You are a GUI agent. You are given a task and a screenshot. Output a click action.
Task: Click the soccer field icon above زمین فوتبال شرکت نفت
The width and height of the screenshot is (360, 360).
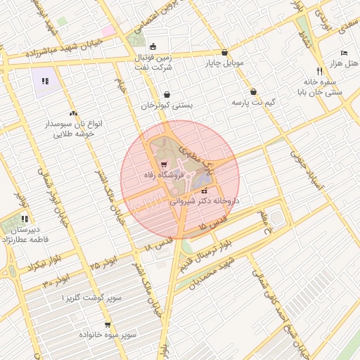[154, 46]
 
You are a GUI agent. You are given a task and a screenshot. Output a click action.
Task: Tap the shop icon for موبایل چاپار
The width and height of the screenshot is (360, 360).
[224, 53]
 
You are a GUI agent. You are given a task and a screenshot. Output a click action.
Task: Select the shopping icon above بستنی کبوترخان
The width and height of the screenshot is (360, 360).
[167, 94]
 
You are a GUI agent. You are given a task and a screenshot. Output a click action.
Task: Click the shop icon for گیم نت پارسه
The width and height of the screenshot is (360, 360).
[253, 92]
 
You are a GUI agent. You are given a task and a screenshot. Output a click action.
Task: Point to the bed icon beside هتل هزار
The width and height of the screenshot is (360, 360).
[344, 53]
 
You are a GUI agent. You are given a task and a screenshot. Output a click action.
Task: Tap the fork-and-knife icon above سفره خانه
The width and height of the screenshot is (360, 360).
[319, 71]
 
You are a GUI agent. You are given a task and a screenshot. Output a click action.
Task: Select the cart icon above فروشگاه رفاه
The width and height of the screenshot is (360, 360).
[164, 166]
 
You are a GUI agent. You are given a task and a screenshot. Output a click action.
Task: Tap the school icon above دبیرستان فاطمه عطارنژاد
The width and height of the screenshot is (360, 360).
[25, 219]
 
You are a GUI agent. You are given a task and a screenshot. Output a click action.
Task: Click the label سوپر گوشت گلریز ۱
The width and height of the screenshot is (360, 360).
[91, 298]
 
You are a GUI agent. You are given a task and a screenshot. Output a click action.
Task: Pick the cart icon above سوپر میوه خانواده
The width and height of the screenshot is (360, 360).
[107, 325]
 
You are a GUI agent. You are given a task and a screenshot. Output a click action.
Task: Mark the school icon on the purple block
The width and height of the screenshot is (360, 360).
[46, 82]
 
